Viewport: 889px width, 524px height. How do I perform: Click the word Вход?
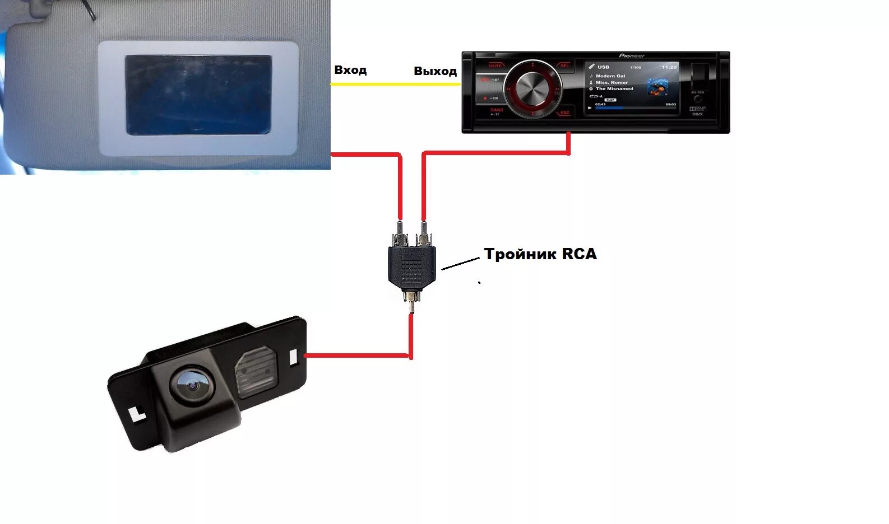(x=350, y=70)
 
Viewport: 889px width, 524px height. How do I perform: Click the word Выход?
(x=435, y=71)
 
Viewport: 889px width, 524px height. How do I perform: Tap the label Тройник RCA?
(x=540, y=254)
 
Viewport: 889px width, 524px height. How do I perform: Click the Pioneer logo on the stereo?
(x=632, y=56)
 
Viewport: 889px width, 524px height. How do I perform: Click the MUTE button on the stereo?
(x=495, y=66)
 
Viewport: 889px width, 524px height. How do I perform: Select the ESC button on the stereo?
(x=564, y=113)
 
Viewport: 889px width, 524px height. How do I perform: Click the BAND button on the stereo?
(x=497, y=110)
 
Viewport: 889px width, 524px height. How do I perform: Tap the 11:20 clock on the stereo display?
(x=669, y=67)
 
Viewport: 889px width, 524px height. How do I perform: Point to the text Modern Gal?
(x=610, y=76)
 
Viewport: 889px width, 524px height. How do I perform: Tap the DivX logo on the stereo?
(x=697, y=114)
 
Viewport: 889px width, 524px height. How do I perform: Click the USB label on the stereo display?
(x=603, y=67)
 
